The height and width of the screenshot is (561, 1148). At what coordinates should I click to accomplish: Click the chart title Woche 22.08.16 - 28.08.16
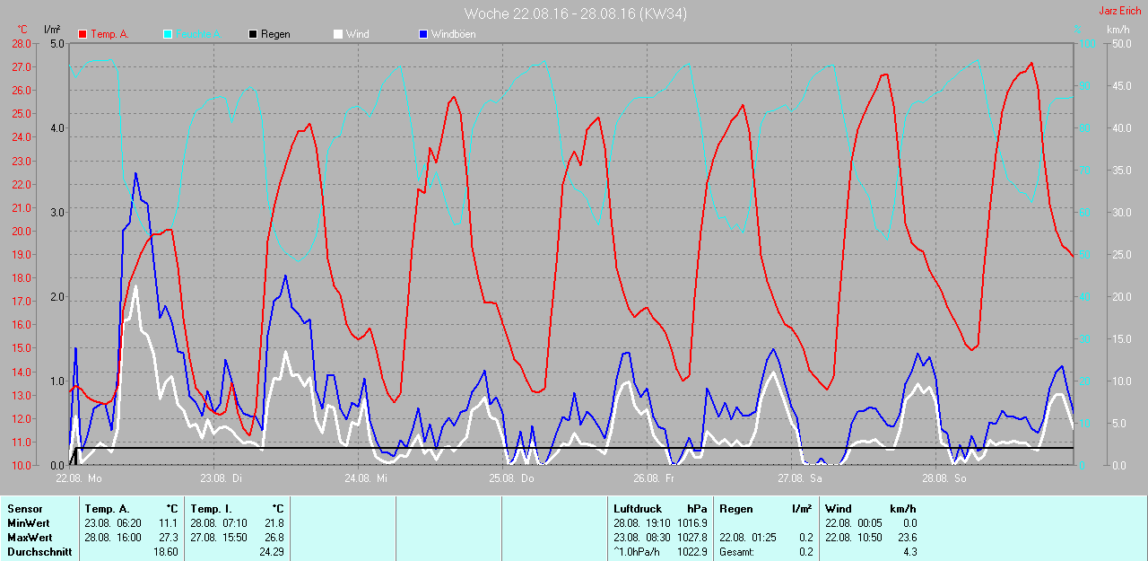tap(576, 13)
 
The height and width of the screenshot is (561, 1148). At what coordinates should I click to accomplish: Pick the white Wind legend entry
tap(357, 34)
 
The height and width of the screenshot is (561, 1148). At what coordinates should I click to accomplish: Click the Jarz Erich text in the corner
tap(1120, 11)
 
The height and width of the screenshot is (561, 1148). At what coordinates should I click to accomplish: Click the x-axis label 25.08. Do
tap(511, 478)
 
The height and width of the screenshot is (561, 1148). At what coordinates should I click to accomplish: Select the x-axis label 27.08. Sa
tap(800, 478)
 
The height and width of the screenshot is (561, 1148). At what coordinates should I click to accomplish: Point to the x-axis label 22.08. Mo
tap(79, 478)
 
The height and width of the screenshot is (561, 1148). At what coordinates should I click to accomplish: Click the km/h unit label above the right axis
tap(1118, 30)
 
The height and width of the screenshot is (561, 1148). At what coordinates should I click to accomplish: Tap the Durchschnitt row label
tap(39, 552)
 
